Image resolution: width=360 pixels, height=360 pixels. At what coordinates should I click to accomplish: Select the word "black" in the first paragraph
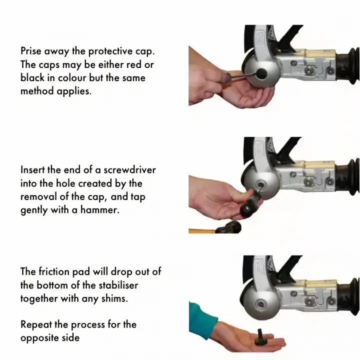click(32, 77)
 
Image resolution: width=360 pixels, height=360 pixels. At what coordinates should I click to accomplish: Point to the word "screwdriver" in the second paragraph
click(129, 170)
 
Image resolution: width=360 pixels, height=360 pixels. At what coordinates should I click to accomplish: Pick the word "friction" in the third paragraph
click(54, 271)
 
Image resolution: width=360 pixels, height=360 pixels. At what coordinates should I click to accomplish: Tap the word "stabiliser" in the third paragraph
click(118, 285)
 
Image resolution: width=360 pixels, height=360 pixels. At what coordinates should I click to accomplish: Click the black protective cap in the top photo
click(261, 73)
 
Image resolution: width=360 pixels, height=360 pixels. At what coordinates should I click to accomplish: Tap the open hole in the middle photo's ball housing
click(260, 184)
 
